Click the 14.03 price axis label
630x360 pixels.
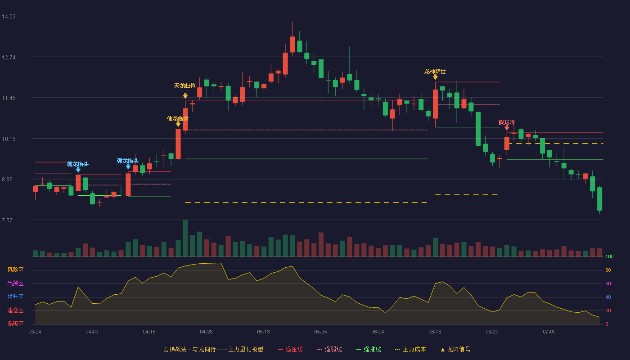(9, 17)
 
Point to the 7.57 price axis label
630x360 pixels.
(7, 220)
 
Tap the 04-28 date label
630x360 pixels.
(206, 332)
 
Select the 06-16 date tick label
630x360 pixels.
(435, 332)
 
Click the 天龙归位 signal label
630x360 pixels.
(185, 86)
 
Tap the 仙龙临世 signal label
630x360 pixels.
(177, 119)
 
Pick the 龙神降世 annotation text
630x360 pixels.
(435, 72)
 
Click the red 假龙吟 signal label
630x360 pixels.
(507, 122)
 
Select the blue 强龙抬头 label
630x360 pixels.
(128, 161)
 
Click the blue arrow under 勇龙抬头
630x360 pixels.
(78, 170)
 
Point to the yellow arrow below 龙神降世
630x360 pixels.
(436, 77)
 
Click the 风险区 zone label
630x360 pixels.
(15, 270)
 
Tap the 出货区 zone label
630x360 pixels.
(15, 283)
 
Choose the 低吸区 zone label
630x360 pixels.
(15, 324)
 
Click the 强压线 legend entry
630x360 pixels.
(291, 349)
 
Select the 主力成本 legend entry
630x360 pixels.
(410, 349)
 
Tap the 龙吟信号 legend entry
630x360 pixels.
(455, 349)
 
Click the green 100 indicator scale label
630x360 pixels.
(609, 256)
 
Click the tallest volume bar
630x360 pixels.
(185, 238)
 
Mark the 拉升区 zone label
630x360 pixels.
(15, 297)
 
